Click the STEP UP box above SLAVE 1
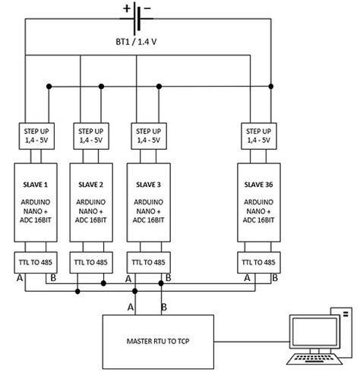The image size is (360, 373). point(36,137)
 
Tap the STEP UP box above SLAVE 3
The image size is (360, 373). point(147,137)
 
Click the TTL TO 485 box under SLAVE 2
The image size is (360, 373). point(91,261)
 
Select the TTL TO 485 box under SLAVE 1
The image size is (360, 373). point(36,261)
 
